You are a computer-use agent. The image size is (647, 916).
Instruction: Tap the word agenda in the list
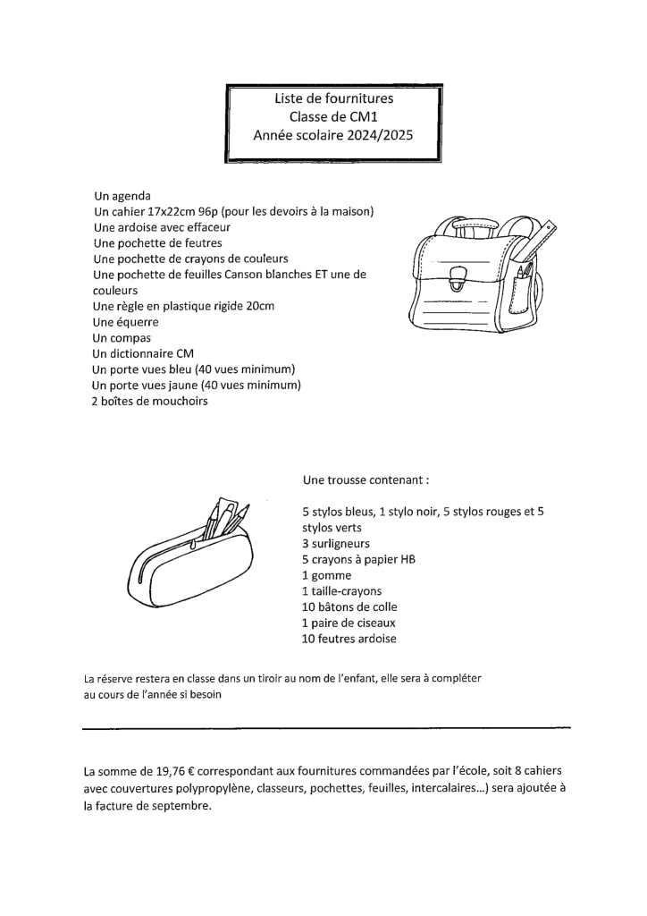point(131,196)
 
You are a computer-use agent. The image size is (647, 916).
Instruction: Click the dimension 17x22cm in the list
point(170,212)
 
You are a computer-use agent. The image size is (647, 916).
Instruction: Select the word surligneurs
point(340,543)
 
